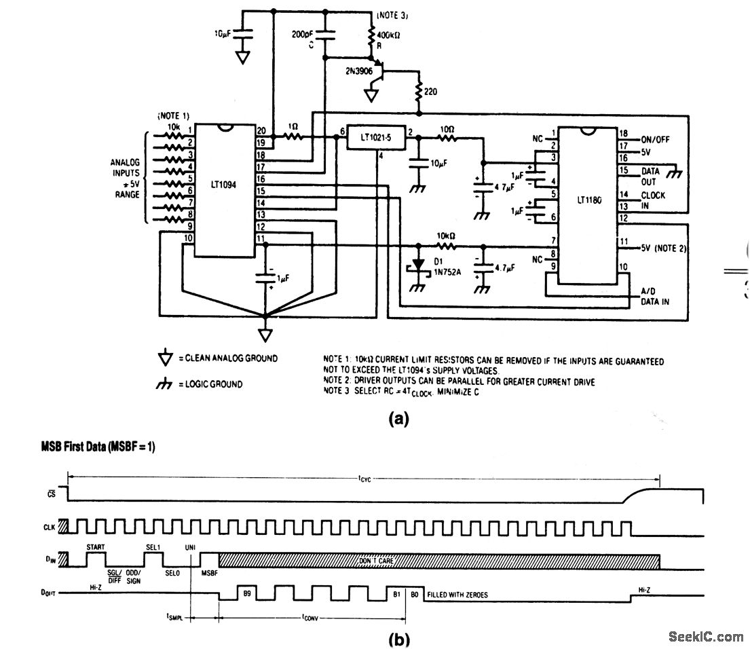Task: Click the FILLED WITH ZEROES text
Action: coord(456,595)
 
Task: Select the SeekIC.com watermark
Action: coord(705,636)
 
